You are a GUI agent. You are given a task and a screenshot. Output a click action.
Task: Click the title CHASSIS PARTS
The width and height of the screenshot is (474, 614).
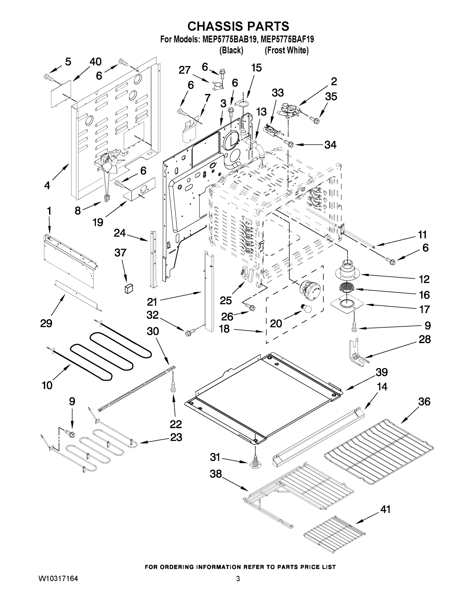click(238, 26)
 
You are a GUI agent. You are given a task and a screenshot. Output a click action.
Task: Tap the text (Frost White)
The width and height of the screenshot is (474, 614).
click(286, 50)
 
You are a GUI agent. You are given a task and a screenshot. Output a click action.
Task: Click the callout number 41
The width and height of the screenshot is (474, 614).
click(385, 509)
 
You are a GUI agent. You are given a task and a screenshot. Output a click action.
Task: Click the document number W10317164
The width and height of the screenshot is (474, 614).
click(58, 579)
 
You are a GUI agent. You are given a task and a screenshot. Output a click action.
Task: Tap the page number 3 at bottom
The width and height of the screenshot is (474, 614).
click(238, 579)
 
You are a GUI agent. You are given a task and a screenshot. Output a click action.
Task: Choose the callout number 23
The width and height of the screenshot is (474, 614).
click(176, 437)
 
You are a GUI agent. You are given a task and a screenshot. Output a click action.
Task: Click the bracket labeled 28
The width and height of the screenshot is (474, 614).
click(357, 353)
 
